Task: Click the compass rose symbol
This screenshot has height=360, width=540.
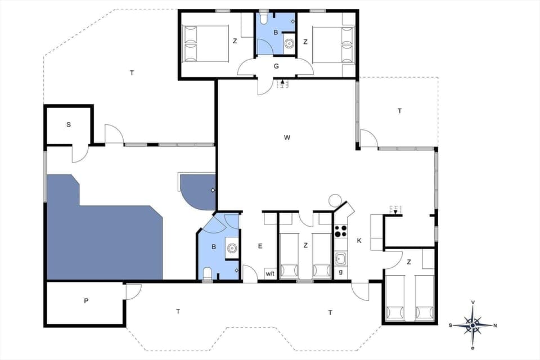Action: [473, 325]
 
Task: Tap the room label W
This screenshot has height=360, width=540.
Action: [286, 137]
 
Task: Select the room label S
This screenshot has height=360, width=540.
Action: [69, 124]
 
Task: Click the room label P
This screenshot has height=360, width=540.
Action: [86, 301]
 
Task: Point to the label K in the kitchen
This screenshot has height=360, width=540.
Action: [359, 241]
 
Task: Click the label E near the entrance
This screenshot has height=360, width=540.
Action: [260, 246]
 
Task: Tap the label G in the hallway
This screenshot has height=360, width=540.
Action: [276, 66]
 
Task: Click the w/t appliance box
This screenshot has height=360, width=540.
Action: [270, 274]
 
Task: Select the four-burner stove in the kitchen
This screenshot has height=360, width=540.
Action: [341, 231]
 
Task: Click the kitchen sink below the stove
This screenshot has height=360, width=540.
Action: [340, 259]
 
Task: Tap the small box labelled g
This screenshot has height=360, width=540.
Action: [341, 273]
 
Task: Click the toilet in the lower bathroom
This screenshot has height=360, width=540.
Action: [208, 273]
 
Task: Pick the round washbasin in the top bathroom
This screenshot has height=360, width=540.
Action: [289, 43]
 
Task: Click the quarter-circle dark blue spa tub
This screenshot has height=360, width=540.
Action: [196, 190]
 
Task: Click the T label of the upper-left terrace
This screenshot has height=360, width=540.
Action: [132, 73]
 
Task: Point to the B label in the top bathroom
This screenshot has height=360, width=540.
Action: [276, 33]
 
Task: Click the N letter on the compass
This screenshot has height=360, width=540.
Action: [495, 325]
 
